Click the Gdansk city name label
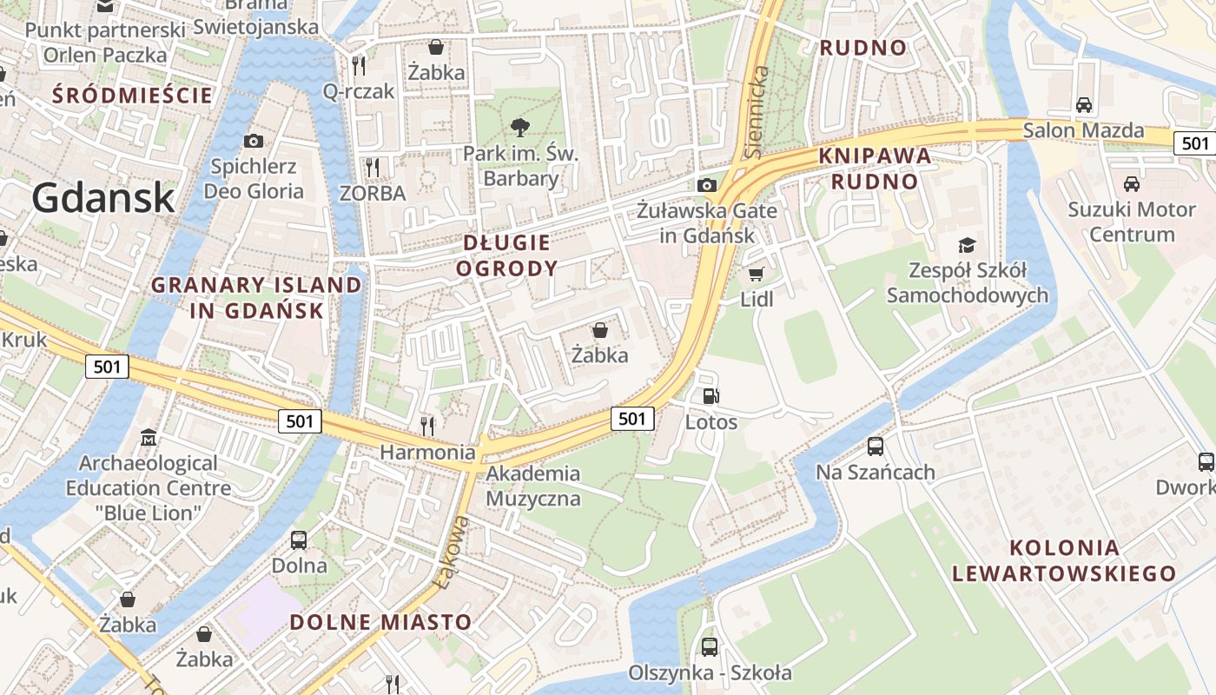coord(103,198)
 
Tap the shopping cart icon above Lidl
coord(756,274)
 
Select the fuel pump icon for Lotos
coord(710,397)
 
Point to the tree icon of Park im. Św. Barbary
coord(520,129)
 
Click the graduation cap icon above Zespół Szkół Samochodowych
coord(967,246)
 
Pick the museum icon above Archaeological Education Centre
coord(149,437)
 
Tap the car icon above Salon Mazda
coord(1083,105)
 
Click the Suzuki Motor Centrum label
coord(1132,222)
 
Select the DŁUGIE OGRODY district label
coord(507,255)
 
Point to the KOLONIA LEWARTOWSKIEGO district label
coord(1064,560)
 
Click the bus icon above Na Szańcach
coord(875,447)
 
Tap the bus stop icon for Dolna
coord(299,540)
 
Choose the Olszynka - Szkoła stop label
coord(710,672)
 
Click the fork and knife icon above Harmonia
coord(427,426)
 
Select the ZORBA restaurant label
coord(373,193)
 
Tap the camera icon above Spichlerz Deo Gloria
coord(254,141)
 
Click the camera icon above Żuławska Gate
coord(707,185)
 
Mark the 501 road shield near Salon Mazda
coord(1195,143)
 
